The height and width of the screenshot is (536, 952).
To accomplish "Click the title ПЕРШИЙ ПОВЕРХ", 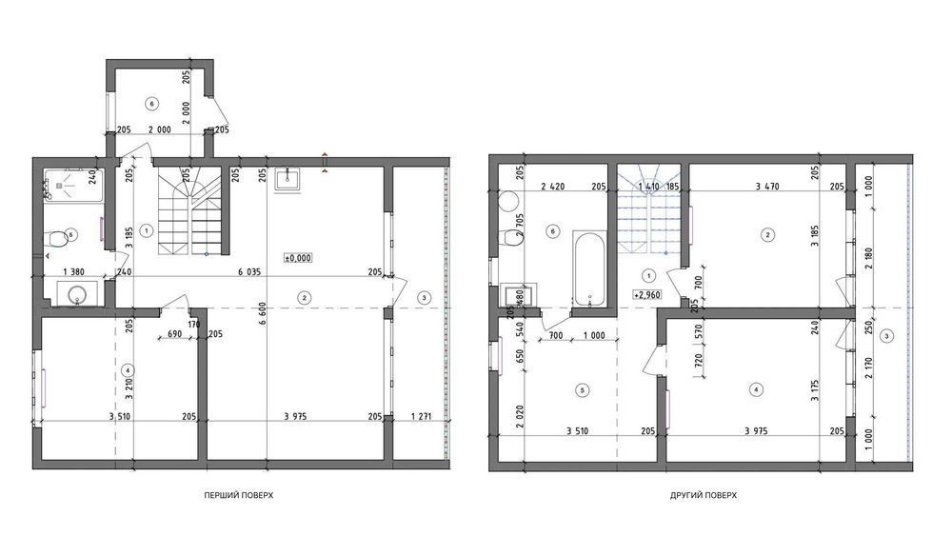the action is tap(239, 495).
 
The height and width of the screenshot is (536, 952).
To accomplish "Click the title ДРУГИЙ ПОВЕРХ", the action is tap(704, 495).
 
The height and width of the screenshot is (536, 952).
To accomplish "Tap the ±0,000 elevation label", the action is tap(297, 258).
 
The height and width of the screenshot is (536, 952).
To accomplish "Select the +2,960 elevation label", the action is tap(647, 295).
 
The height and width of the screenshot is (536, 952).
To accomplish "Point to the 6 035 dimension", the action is tap(248, 272).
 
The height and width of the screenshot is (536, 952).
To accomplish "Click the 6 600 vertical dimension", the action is tap(263, 313).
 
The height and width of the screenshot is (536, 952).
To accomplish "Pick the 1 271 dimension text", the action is tap(421, 416).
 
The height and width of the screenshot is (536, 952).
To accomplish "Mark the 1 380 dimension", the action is tap(73, 272).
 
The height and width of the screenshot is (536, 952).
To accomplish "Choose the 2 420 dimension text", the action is tap(552, 187).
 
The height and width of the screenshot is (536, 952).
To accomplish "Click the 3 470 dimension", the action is tap(766, 187).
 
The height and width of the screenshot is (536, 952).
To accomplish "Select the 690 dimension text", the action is tap(174, 334).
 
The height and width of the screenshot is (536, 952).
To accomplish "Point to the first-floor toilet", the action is tap(57, 239).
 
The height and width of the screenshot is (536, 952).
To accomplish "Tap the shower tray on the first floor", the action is tap(73, 185).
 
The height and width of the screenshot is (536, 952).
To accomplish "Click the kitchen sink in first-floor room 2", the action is tap(288, 179).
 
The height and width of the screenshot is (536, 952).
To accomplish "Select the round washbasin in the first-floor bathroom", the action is tap(77, 294).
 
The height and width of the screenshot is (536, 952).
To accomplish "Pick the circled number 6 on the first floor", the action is tap(151, 104).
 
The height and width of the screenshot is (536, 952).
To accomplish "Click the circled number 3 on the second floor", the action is tap(887, 336).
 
